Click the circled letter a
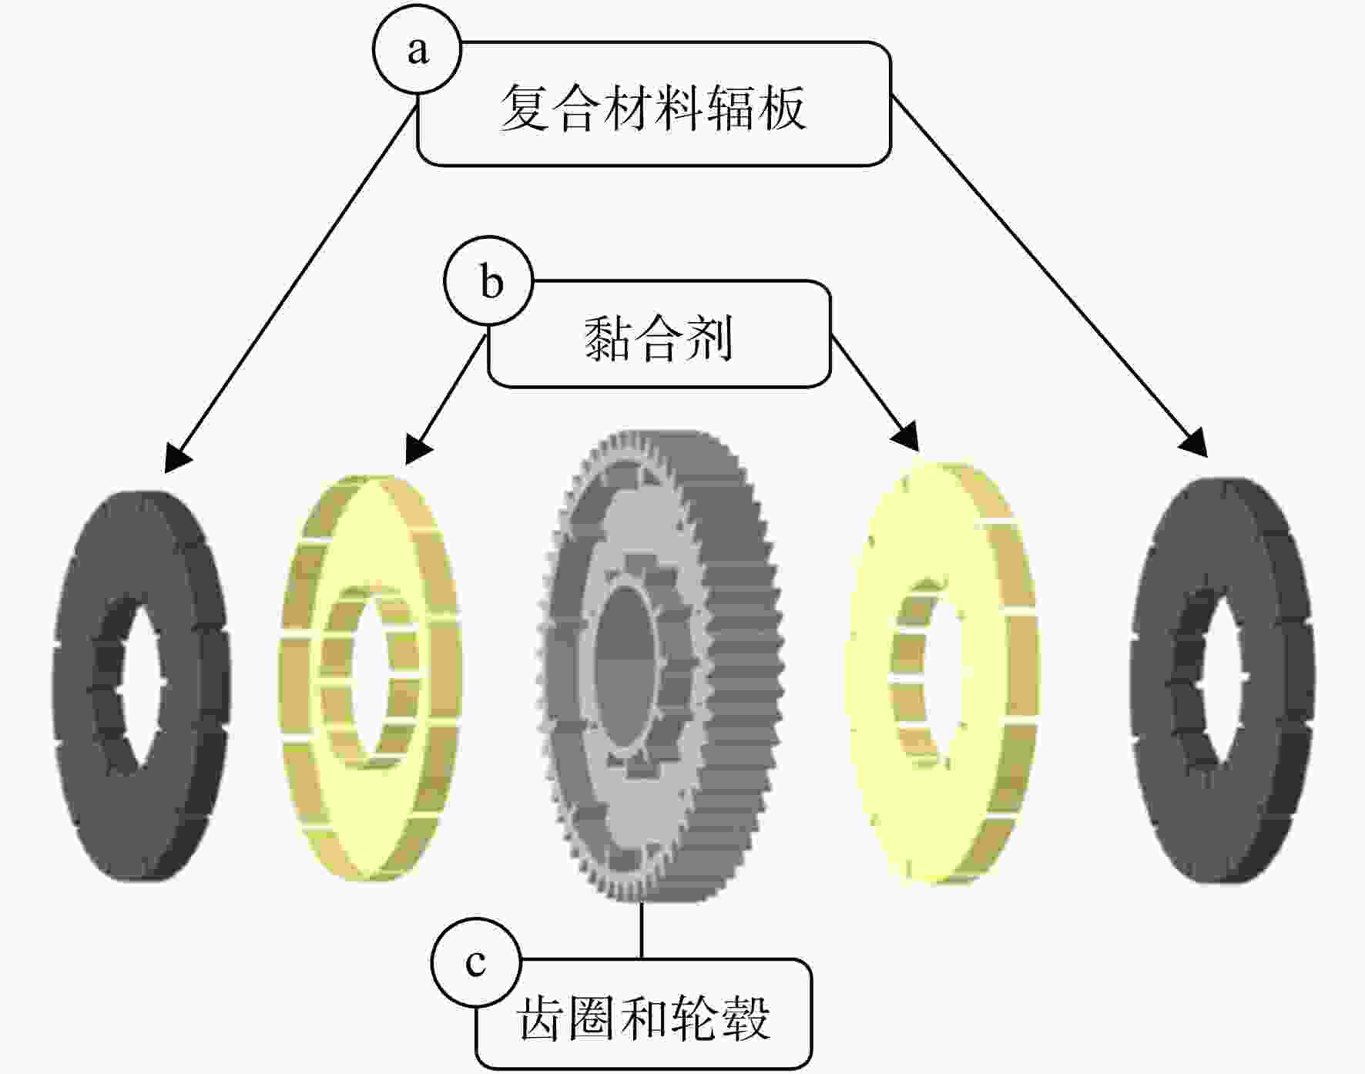(418, 49)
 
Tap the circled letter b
(489, 280)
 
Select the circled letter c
(476, 962)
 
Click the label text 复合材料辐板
(653, 107)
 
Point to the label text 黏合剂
(659, 337)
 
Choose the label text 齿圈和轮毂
(644, 1018)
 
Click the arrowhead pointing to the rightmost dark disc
(1196, 444)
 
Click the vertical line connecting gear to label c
(642, 930)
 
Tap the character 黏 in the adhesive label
(608, 338)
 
